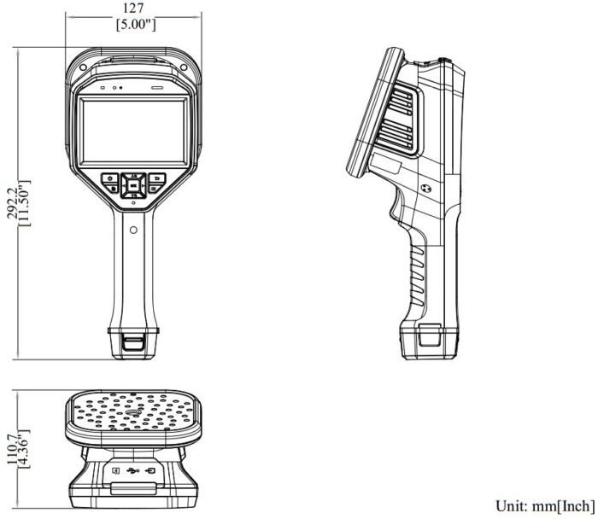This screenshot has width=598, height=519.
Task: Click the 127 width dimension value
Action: tap(135, 9)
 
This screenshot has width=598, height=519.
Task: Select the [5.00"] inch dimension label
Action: tap(135, 25)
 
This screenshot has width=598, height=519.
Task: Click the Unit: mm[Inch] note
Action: tap(545, 504)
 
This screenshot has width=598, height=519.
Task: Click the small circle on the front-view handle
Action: tap(134, 230)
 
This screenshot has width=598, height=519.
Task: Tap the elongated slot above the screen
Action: tap(156, 87)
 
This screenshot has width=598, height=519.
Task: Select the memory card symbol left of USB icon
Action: tap(114, 470)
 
